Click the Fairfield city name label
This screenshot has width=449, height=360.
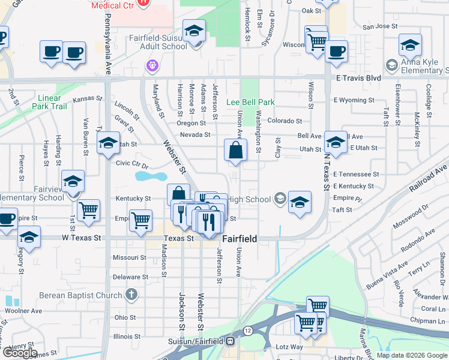tap(240, 239)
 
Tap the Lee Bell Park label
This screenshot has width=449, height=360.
tap(250, 102)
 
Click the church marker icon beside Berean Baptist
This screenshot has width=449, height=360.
tap(131, 295)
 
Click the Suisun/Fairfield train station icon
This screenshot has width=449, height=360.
tap(230, 341)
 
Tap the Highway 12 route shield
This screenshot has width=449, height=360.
tap(247, 331)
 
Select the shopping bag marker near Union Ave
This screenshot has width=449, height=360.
tap(236, 151)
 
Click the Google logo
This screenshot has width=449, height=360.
tap(20, 353)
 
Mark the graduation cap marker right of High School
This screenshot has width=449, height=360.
tap(300, 202)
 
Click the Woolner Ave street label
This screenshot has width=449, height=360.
tap(24, 311)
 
